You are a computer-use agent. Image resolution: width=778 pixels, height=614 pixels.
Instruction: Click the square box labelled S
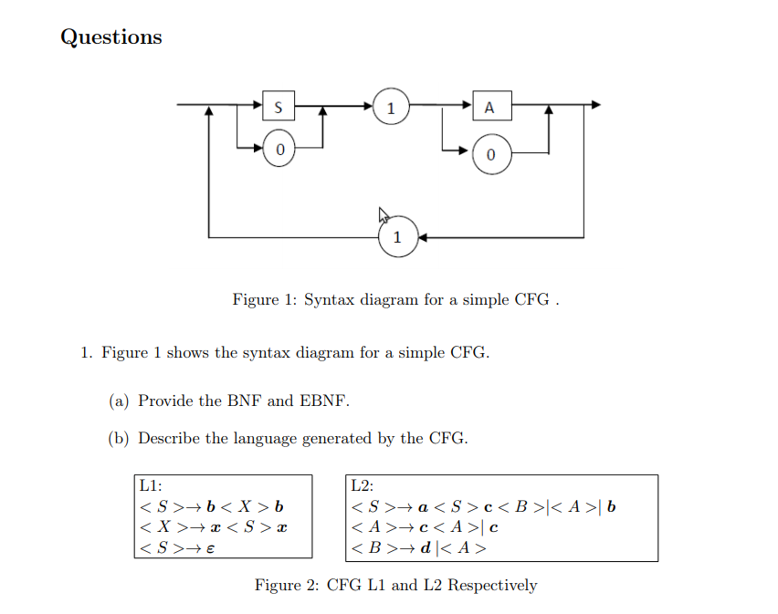click(x=278, y=107)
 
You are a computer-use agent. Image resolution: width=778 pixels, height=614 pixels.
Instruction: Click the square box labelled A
click(x=490, y=107)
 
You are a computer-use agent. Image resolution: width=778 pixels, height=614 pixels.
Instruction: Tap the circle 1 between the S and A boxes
click(x=390, y=107)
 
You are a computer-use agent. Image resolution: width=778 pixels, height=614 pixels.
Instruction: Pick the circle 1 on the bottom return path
click(x=396, y=237)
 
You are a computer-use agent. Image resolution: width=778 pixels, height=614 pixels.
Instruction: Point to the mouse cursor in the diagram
click(x=384, y=216)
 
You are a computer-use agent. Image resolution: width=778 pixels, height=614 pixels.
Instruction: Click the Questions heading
click(x=110, y=37)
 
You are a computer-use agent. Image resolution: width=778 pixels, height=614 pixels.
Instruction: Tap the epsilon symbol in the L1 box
click(x=213, y=548)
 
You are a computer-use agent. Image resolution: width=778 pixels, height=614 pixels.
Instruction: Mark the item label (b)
click(x=119, y=439)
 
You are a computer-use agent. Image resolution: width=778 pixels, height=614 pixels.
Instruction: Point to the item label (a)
click(x=119, y=401)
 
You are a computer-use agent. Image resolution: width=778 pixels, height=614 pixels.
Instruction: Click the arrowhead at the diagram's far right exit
click(x=596, y=105)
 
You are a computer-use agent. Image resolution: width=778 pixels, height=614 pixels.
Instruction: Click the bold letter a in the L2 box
click(x=424, y=507)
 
